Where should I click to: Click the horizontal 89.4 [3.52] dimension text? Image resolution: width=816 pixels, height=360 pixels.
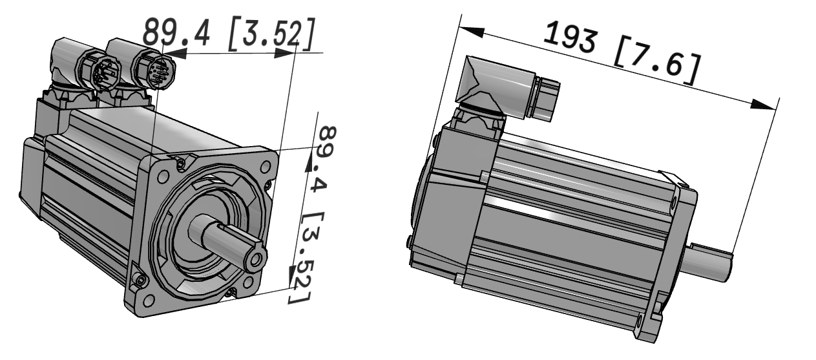(x=229, y=34)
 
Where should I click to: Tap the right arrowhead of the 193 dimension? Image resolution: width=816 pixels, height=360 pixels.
(x=763, y=104)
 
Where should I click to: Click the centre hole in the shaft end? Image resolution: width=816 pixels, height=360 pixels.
(x=256, y=259)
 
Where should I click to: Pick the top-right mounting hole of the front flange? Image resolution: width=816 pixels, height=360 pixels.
(x=266, y=167)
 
